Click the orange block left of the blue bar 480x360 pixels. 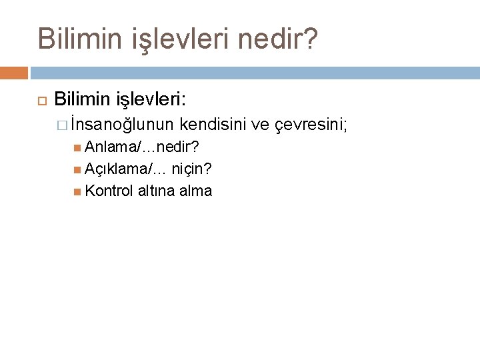point(14,72)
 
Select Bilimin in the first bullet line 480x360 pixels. point(85,100)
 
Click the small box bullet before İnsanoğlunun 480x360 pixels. point(62,125)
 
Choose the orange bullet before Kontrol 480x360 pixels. point(79,191)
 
